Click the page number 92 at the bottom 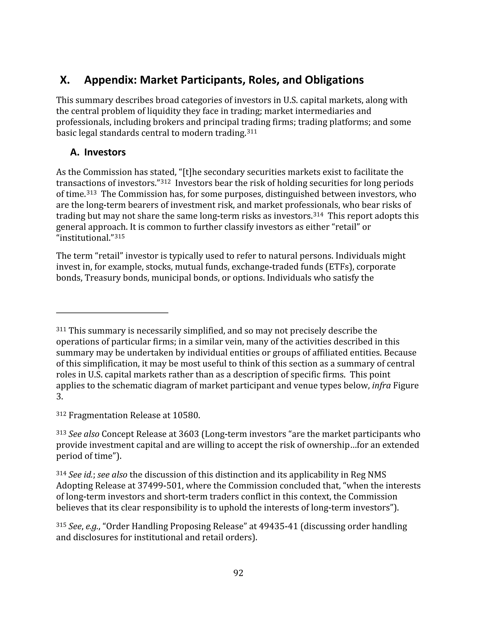(x=238, y=573)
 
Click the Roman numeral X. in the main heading (x=65, y=80)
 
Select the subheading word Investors (x=105, y=152)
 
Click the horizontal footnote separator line (x=112, y=313)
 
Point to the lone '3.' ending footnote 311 (x=59, y=397)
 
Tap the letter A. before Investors (x=75, y=152)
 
